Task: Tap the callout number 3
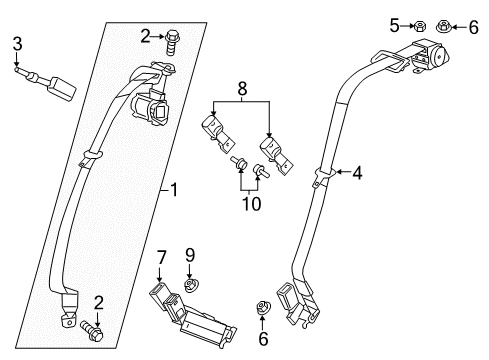17,42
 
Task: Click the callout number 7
161,263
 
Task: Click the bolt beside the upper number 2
173,38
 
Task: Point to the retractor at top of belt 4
425,58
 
